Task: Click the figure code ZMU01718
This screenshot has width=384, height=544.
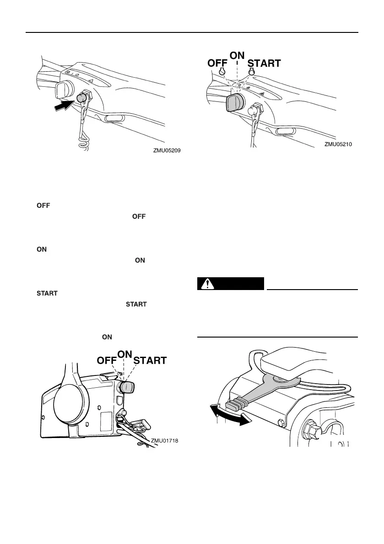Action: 163,441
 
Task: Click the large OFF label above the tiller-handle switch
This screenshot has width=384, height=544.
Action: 221,63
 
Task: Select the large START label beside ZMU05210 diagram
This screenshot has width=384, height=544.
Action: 264,63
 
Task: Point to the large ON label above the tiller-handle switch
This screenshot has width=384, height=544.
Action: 237,54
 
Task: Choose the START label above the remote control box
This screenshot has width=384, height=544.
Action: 150,361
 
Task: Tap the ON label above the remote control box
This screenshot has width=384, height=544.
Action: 125,354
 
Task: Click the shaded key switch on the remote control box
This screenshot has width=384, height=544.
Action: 126,387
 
